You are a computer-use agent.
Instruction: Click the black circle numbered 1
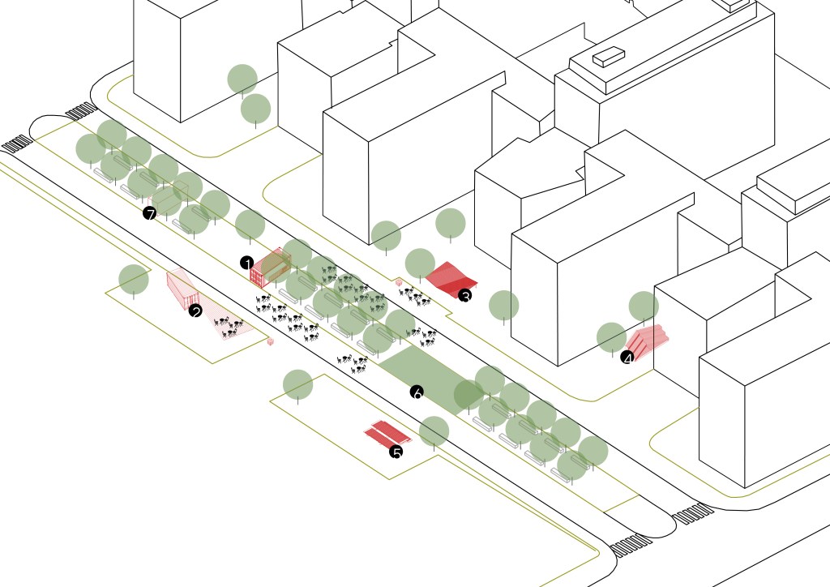247,262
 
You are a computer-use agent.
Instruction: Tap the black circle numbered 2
195,311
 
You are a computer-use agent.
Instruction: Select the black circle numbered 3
465,296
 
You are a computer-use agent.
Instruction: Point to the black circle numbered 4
627,357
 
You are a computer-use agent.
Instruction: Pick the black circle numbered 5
396,452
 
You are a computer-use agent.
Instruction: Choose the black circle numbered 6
417,392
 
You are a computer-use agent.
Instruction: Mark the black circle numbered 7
149,213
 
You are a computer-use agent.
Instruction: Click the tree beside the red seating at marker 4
611,336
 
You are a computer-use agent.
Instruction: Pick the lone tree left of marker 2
134,280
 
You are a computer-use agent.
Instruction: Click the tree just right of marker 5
434,431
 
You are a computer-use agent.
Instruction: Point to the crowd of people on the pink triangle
229,327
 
